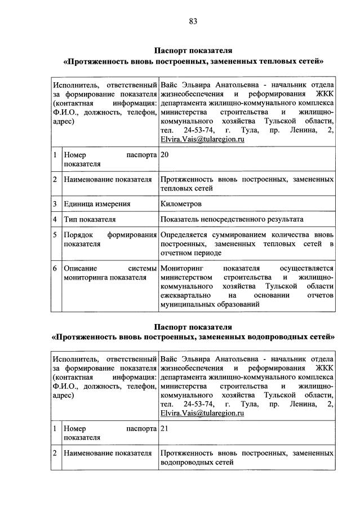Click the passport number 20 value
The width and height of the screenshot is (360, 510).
coord(165,154)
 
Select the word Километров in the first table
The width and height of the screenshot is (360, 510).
coord(181,203)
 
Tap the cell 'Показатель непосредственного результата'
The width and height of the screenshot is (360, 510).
coord(232,219)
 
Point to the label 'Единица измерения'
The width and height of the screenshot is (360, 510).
coord(97,203)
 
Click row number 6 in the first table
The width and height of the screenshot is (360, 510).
coord(55,269)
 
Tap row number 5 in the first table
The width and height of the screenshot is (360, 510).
coord(55,234)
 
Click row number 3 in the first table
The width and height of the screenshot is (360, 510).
coord(55,203)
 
